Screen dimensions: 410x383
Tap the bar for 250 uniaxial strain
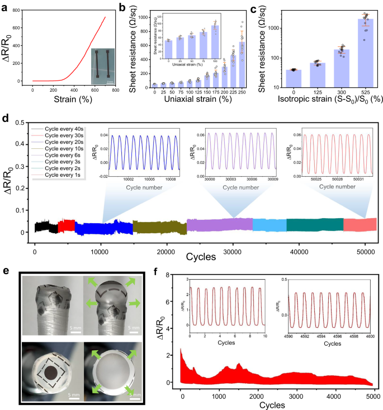point(242,65)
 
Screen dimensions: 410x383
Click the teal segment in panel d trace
point(315,224)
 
